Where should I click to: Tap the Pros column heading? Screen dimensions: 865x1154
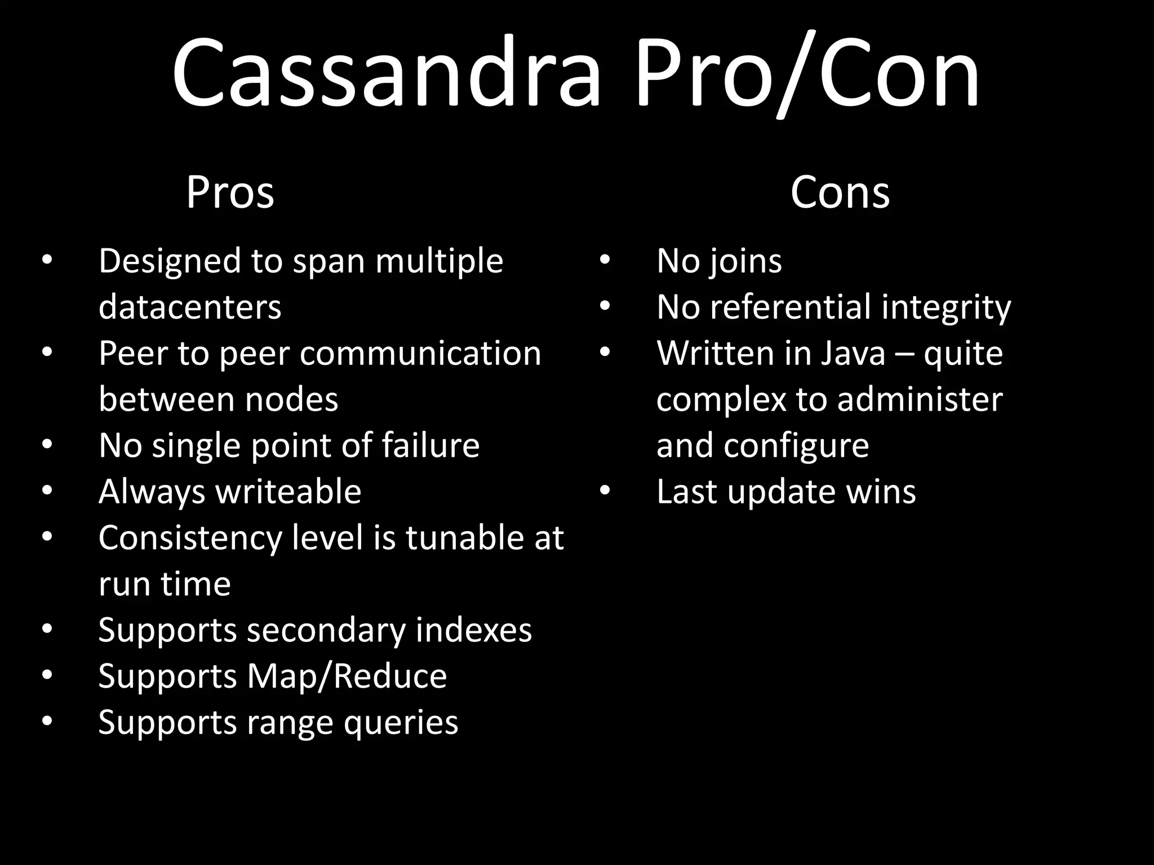[x=230, y=193]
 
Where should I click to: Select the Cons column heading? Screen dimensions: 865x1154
[x=840, y=193]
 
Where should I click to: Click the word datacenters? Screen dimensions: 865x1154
[x=190, y=307]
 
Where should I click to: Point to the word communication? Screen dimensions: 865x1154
[x=420, y=354]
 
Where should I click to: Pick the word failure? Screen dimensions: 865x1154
[x=430, y=445]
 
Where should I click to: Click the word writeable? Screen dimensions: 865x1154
[x=288, y=492]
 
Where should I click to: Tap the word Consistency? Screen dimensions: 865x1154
[x=190, y=538]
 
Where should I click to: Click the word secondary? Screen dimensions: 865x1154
[x=326, y=630]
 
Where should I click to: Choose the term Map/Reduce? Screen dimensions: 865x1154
[x=347, y=676]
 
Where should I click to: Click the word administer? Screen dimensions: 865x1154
[x=920, y=400]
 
